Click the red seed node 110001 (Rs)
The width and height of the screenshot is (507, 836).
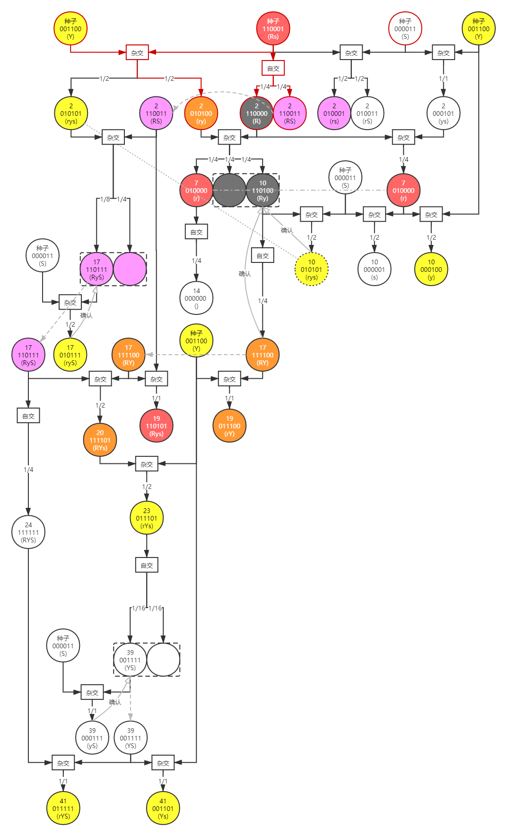(273, 28)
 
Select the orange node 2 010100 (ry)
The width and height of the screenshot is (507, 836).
(201, 113)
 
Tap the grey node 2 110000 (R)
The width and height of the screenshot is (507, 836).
(256, 113)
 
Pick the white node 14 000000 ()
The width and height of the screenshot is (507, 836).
(196, 298)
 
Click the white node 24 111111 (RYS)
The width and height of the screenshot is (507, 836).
(28, 532)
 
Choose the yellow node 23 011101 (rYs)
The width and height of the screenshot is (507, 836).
(147, 518)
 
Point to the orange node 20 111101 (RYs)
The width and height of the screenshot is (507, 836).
(100, 440)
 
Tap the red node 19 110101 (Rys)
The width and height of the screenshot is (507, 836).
(157, 426)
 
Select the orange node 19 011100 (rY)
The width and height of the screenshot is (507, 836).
(229, 426)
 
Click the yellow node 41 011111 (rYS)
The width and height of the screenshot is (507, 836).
(63, 808)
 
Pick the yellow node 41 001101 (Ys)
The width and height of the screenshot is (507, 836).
(163, 808)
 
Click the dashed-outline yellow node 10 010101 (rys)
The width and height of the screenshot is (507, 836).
(311, 270)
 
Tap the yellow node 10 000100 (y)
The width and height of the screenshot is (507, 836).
(431, 270)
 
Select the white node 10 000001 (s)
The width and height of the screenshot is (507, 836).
(375, 270)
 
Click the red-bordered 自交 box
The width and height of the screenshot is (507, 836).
(273, 68)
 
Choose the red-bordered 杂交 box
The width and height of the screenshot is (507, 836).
(137, 52)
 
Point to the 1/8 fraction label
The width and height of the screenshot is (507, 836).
(105, 199)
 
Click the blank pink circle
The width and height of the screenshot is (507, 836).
(130, 269)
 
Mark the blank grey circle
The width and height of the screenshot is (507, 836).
(229, 191)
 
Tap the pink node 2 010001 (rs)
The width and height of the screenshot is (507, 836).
(334, 113)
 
